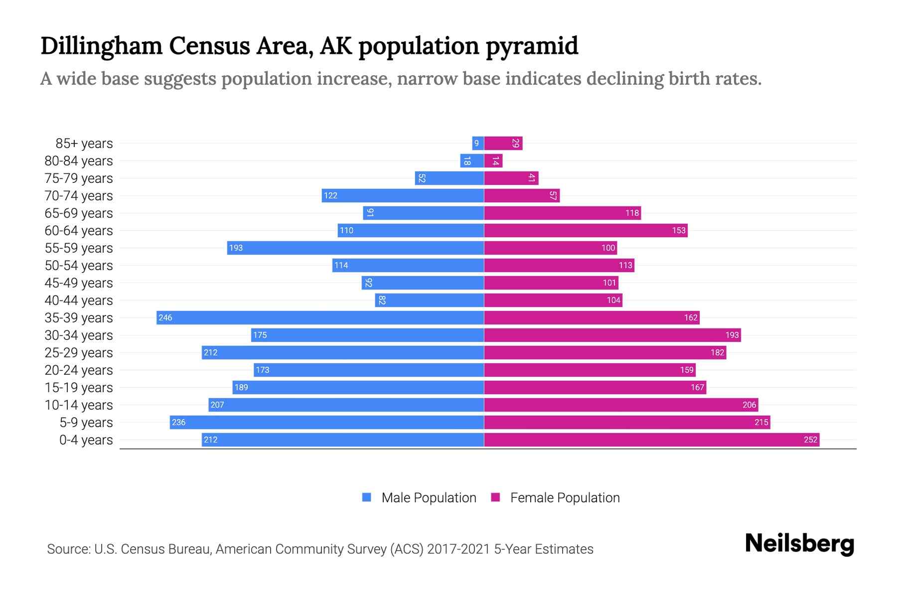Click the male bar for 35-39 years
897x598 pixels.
coord(320,317)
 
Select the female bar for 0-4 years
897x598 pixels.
coord(651,440)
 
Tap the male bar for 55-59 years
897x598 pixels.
coord(355,248)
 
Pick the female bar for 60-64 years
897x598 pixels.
coord(586,230)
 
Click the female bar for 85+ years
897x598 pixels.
coord(503,144)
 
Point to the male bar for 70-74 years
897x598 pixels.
coord(403,195)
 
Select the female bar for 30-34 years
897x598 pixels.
coord(612,335)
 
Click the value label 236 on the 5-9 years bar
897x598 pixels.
coord(178,422)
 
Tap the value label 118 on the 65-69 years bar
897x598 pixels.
coord(632,213)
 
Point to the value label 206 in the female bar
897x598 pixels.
coord(749,405)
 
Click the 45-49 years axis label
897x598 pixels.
coord(79,283)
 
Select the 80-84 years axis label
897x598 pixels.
coord(79,161)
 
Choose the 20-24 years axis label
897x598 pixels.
coord(79,370)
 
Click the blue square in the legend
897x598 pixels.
coord(367,497)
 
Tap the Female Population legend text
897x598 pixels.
coord(565,498)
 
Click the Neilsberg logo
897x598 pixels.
coord(799,544)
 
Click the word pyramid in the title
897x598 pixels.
coord(532,46)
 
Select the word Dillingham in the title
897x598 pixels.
coord(101,46)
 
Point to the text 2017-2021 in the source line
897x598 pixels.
coord(458,549)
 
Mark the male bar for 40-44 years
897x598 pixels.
coord(429,300)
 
